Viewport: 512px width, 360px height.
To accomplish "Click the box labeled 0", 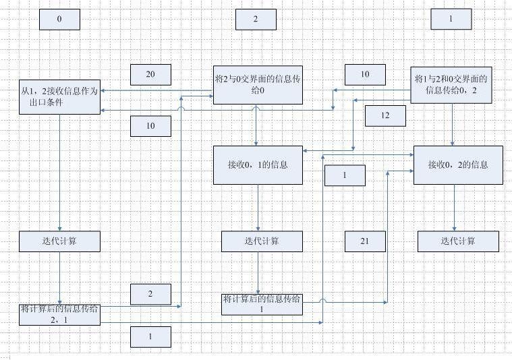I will click(x=59, y=20).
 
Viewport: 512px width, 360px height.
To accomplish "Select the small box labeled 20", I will click(x=150, y=74).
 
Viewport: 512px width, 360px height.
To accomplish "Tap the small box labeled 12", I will click(x=385, y=116).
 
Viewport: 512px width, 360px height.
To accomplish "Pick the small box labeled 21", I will click(x=365, y=241).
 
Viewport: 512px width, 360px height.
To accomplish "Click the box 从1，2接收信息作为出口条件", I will click(x=59, y=96).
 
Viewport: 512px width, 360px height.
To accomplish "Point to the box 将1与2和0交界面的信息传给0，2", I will click(x=451, y=84).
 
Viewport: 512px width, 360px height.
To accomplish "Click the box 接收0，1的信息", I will click(x=258, y=164).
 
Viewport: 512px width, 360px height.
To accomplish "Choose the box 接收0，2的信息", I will click(x=458, y=164).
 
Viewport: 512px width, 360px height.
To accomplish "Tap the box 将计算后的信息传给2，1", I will click(x=59, y=314).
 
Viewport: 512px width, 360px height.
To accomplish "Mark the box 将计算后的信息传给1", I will click(x=262, y=304).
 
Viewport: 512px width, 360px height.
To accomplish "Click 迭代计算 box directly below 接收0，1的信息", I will click(x=262, y=241).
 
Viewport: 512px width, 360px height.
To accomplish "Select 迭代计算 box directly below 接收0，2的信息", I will click(x=458, y=241).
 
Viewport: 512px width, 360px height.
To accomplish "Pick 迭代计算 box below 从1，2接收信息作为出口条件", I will click(x=59, y=241).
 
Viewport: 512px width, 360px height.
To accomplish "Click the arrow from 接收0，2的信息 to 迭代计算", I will click(x=453, y=208).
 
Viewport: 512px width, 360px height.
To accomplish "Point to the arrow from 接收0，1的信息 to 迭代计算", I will click(x=257, y=208).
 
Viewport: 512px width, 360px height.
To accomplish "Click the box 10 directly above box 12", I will click(x=365, y=74).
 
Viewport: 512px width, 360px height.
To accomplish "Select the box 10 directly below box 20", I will click(x=150, y=125).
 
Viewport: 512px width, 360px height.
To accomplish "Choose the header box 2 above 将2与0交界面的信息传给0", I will click(x=256, y=20).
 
